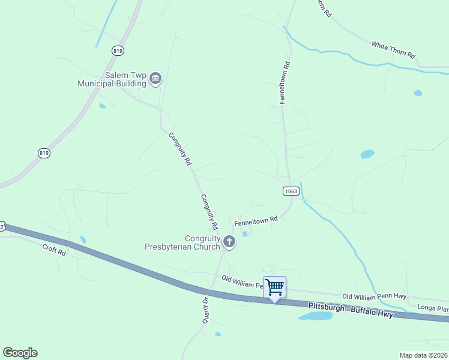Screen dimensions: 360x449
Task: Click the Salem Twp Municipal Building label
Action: point(112,79)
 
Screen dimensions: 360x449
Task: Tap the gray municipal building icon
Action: point(155,79)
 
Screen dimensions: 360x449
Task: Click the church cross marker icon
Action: point(229,242)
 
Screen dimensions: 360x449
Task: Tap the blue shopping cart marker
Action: point(274,287)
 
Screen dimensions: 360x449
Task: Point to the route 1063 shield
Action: point(291,191)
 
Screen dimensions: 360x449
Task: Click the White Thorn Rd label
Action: point(393,50)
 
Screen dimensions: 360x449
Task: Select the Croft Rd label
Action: point(53,250)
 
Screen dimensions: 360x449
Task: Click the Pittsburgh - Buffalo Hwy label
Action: point(350,310)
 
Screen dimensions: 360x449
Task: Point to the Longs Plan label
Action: point(433,309)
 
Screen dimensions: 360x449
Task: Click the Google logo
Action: point(20,353)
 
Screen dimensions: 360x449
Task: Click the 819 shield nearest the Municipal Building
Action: point(117,52)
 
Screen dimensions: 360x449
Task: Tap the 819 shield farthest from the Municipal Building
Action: point(44,154)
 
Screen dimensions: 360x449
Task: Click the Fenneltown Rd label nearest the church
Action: point(256,221)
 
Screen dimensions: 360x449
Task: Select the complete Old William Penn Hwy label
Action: point(374,296)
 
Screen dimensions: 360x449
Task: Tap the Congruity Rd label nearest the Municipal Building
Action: point(179,149)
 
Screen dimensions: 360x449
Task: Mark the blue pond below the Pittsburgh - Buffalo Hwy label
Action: point(315,316)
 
